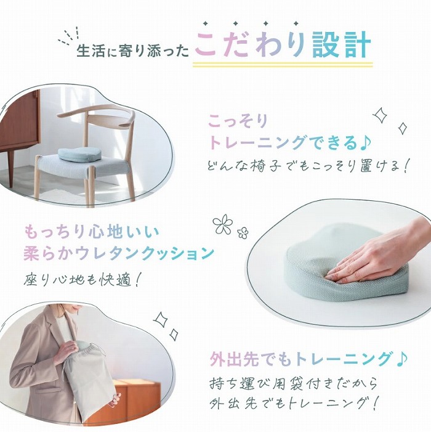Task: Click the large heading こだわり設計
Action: (283, 44)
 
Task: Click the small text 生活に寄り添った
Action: (133, 51)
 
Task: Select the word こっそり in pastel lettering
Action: (238, 121)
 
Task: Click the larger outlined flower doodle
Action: (223, 224)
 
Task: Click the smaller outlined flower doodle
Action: (243, 233)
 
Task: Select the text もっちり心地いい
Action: (92, 232)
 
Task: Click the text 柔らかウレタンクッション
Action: (119, 253)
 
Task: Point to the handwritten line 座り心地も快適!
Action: (82, 280)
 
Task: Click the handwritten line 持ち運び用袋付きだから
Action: (293, 383)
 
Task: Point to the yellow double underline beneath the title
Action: (283, 65)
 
